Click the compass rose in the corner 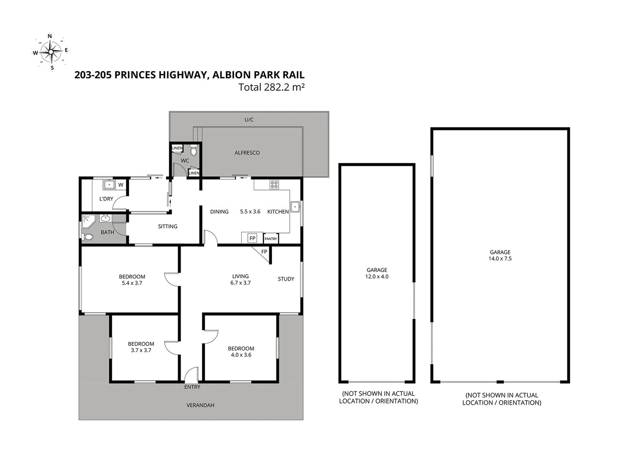click(x=51, y=52)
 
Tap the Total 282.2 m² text click(x=271, y=87)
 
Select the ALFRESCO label click(x=247, y=153)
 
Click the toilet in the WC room click(x=193, y=150)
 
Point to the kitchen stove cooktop click(x=274, y=185)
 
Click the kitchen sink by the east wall click(x=295, y=207)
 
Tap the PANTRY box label click(x=271, y=239)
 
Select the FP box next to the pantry click(x=252, y=238)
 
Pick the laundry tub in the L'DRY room click(x=109, y=185)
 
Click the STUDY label click(x=286, y=279)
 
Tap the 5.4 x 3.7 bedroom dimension click(x=132, y=283)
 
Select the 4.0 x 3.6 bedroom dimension click(x=241, y=355)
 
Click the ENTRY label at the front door click(x=192, y=387)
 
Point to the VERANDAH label click(x=200, y=405)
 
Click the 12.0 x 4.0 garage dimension click(x=377, y=277)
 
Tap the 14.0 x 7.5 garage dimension click(x=500, y=259)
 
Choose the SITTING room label click(x=167, y=226)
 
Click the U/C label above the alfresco click(x=249, y=120)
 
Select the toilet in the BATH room click(x=88, y=236)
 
